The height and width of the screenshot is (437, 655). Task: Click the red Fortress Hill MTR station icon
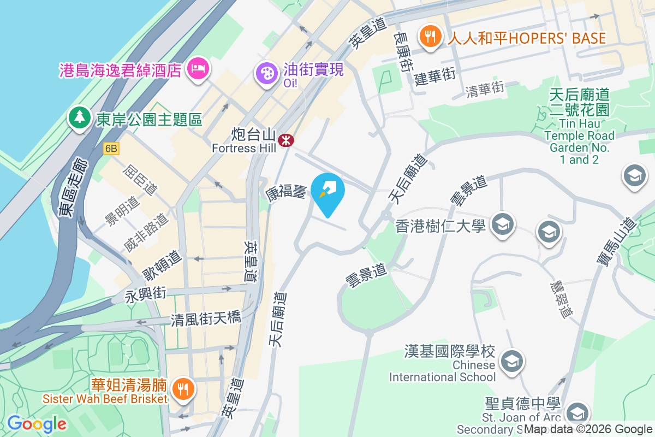[x=285, y=140]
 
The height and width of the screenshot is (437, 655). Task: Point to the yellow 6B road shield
[x=111, y=148]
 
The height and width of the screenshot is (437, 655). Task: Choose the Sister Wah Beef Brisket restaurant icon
[x=181, y=389]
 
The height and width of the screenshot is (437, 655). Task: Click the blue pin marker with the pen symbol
[x=329, y=191]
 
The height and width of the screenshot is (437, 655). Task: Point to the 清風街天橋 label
[x=206, y=318]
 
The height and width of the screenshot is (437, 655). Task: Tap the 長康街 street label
[x=402, y=52]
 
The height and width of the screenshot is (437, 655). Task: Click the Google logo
[x=36, y=424]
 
